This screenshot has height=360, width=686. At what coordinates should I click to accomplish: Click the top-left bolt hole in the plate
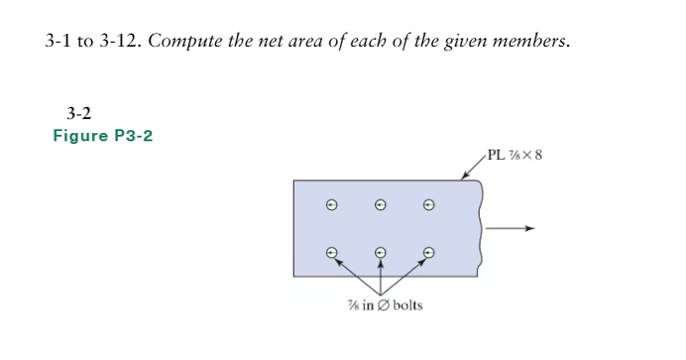333,206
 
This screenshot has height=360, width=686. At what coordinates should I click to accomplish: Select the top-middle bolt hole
381,206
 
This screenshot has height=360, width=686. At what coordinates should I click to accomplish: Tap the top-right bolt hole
428,206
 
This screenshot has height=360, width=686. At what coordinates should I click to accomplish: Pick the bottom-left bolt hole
333,252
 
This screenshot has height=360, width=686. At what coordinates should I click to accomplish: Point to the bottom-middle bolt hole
381,252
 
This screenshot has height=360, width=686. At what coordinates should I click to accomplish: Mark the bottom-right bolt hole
428,252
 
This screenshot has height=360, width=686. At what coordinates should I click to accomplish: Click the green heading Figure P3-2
103,135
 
